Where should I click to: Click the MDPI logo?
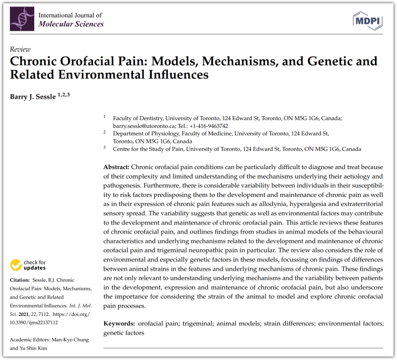(x=367, y=20)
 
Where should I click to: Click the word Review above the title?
(x=20, y=50)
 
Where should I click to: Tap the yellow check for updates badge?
(x=28, y=265)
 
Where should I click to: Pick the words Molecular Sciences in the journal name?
(x=71, y=24)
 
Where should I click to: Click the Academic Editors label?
(x=31, y=340)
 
